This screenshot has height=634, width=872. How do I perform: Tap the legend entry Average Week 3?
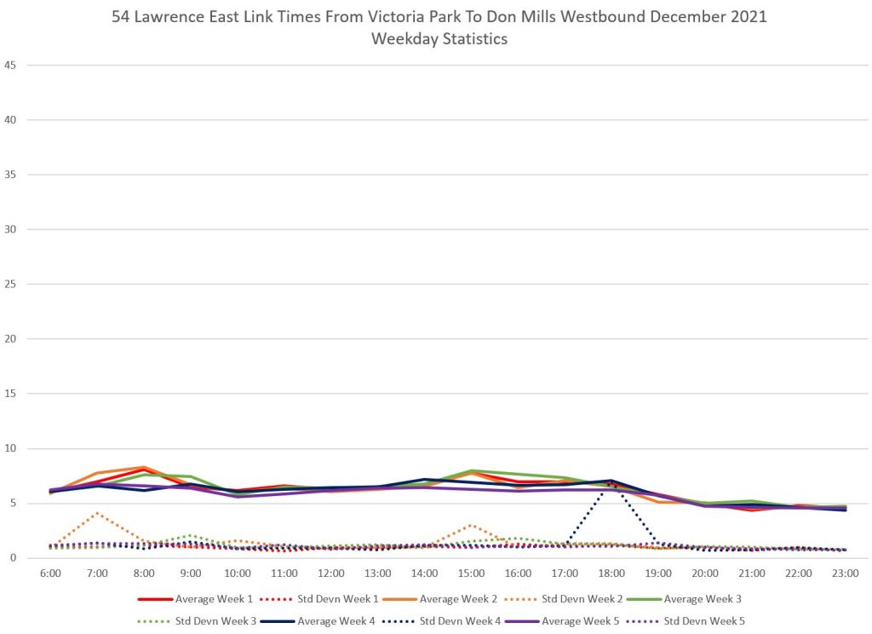(x=703, y=599)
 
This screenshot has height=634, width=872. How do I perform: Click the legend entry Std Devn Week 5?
(x=701, y=620)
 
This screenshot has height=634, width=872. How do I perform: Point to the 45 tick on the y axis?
(x=11, y=65)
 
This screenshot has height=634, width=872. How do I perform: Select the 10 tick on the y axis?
(x=11, y=448)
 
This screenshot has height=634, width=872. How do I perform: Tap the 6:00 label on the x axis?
(x=50, y=573)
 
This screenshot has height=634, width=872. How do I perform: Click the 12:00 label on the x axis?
(x=331, y=573)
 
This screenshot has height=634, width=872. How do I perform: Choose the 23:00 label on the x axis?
(x=846, y=573)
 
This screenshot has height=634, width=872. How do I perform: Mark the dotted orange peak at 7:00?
(x=98, y=513)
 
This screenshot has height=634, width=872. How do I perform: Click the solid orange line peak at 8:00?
(x=144, y=467)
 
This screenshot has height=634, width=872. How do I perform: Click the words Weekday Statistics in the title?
(x=439, y=39)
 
